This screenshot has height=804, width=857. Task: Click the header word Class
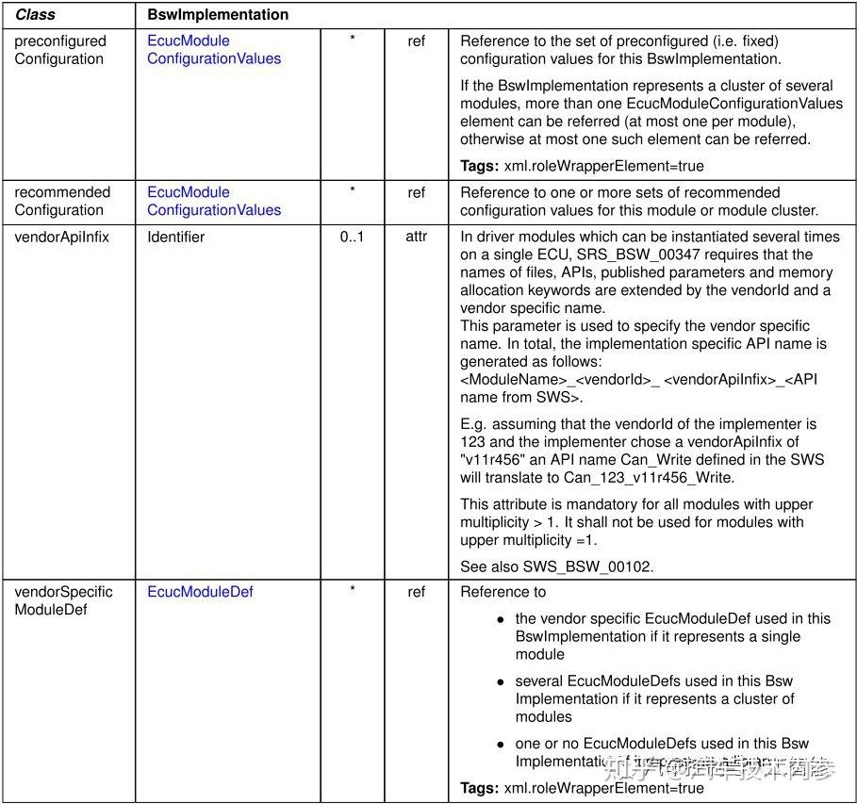point(35,15)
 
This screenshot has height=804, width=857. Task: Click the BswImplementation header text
point(218,15)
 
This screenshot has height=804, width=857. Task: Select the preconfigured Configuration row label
point(59,50)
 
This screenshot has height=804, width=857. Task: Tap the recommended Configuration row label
point(61,201)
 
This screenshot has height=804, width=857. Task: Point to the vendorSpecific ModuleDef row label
point(63,600)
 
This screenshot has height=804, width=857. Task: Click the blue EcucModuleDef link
point(200,592)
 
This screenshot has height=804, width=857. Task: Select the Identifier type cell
point(175,237)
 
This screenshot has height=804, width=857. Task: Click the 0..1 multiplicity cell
point(352,237)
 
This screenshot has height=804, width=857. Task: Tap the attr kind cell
point(416,237)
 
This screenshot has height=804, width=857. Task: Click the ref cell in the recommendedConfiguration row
point(416,192)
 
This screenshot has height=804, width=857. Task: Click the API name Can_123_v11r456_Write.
point(649,477)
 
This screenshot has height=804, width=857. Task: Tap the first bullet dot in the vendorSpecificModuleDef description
point(502,619)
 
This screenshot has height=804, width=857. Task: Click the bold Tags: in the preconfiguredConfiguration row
point(479,166)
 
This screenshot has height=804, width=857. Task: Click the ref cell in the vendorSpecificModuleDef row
point(416,592)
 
